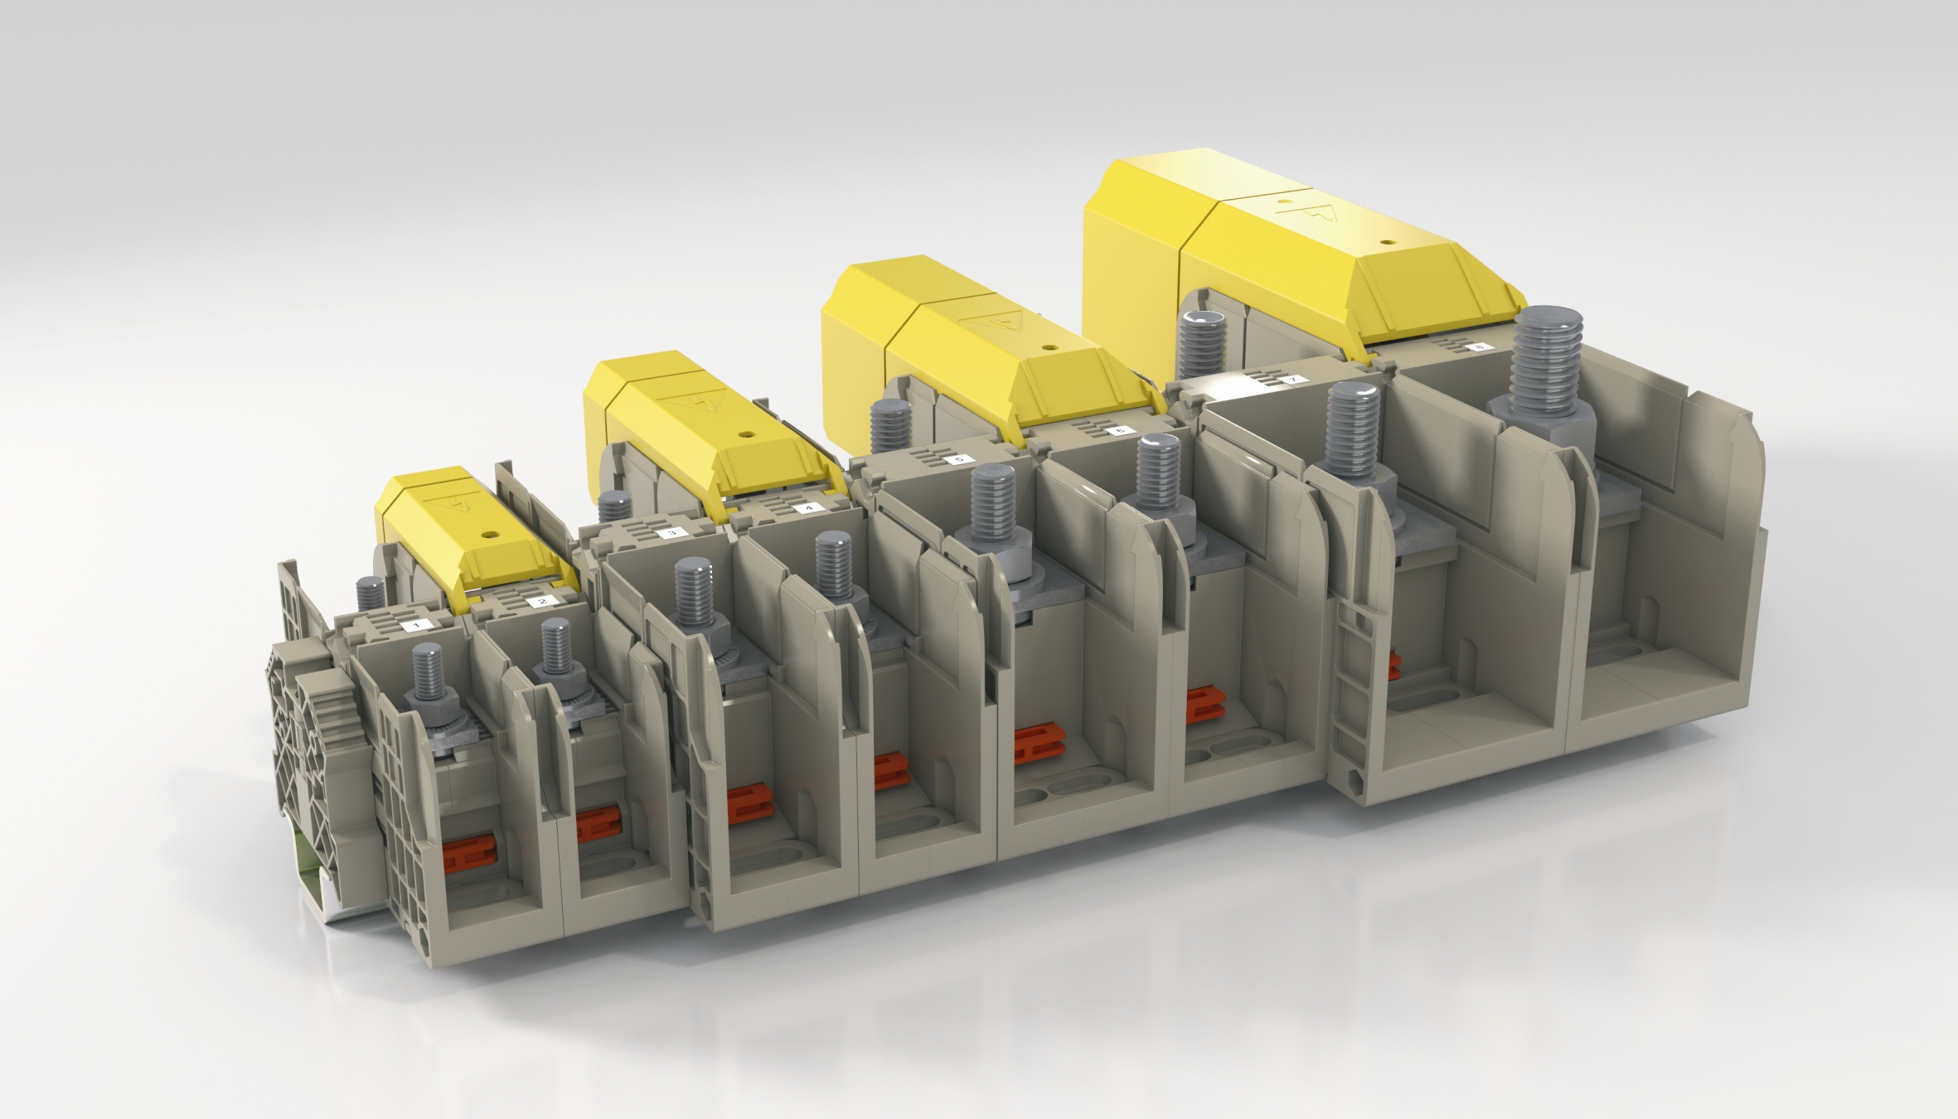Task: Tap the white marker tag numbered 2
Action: pos(542,601)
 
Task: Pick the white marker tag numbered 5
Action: pos(960,458)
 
